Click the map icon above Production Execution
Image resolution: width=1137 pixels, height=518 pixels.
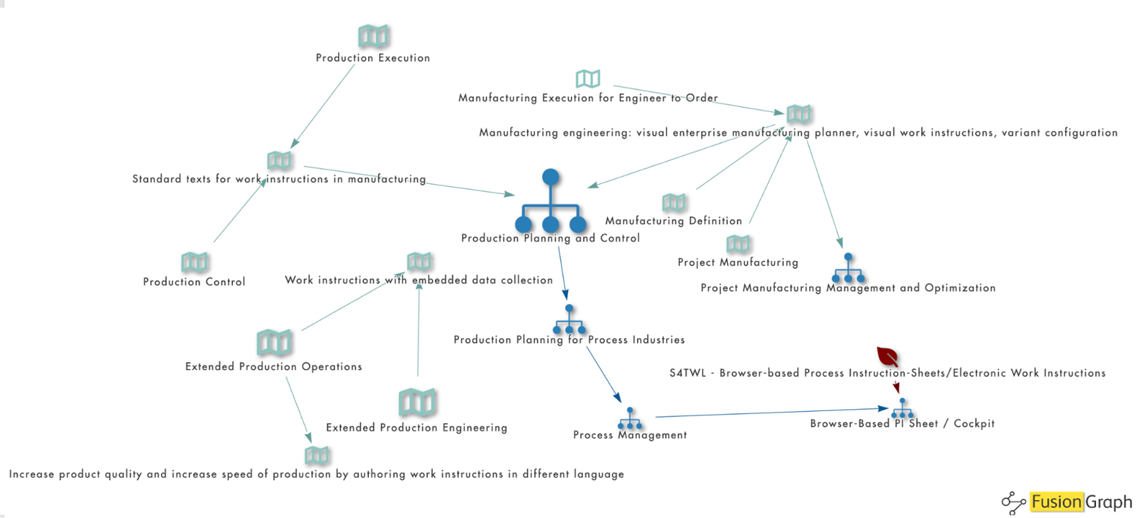pyautogui.click(x=373, y=37)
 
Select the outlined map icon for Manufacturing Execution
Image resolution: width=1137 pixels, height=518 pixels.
pyautogui.click(x=588, y=79)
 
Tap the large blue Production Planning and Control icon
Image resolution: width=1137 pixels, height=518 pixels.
pyautogui.click(x=551, y=201)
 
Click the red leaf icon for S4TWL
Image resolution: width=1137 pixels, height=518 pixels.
pyautogui.click(x=888, y=357)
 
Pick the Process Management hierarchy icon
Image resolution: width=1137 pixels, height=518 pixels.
pyautogui.click(x=630, y=419)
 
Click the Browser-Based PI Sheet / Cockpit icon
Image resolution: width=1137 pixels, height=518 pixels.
pyautogui.click(x=902, y=408)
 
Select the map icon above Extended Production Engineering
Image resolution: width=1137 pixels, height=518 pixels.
pyautogui.click(x=417, y=402)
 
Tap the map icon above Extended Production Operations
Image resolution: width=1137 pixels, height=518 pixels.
pyautogui.click(x=274, y=342)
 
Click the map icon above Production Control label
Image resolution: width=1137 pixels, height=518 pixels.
pyautogui.click(x=195, y=262)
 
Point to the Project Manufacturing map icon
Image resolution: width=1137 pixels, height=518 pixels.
pyautogui.click(x=738, y=244)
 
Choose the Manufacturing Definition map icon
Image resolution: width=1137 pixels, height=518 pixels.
pyautogui.click(x=674, y=202)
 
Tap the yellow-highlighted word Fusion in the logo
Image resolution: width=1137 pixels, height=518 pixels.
pyautogui.click(x=1056, y=502)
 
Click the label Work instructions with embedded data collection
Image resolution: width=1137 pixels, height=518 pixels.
pyautogui.click(x=419, y=280)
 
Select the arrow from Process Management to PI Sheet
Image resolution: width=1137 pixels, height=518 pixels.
pyautogui.click(x=768, y=413)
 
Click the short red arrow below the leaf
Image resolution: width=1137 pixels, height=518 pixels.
pyautogui.click(x=896, y=387)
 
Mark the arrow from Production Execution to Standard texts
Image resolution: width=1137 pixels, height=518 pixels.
pyautogui.click(x=323, y=105)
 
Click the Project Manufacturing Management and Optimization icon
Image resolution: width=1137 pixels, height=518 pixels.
pyautogui.click(x=848, y=269)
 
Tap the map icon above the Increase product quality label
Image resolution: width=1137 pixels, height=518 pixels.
pyautogui.click(x=317, y=455)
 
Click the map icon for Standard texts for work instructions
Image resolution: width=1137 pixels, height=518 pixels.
pyautogui.click(x=279, y=160)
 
